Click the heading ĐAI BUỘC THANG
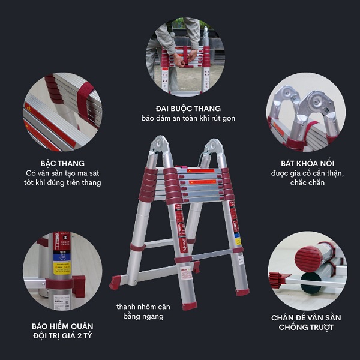(188, 109)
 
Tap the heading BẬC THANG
(62, 163)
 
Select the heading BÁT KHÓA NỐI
(307, 163)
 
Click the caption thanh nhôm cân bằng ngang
(143, 311)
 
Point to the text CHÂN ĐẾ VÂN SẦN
(306, 317)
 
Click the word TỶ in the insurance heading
(88, 335)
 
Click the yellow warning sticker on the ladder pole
(62, 268)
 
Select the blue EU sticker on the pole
(62, 257)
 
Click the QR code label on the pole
(62, 302)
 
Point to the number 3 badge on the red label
(65, 238)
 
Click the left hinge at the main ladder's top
(160, 145)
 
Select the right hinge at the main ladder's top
(213, 146)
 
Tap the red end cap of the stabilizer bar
(115, 282)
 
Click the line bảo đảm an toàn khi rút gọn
(188, 118)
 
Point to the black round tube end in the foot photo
(311, 283)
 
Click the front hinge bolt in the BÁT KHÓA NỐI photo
(317, 102)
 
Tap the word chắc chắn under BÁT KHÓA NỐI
(307, 182)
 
